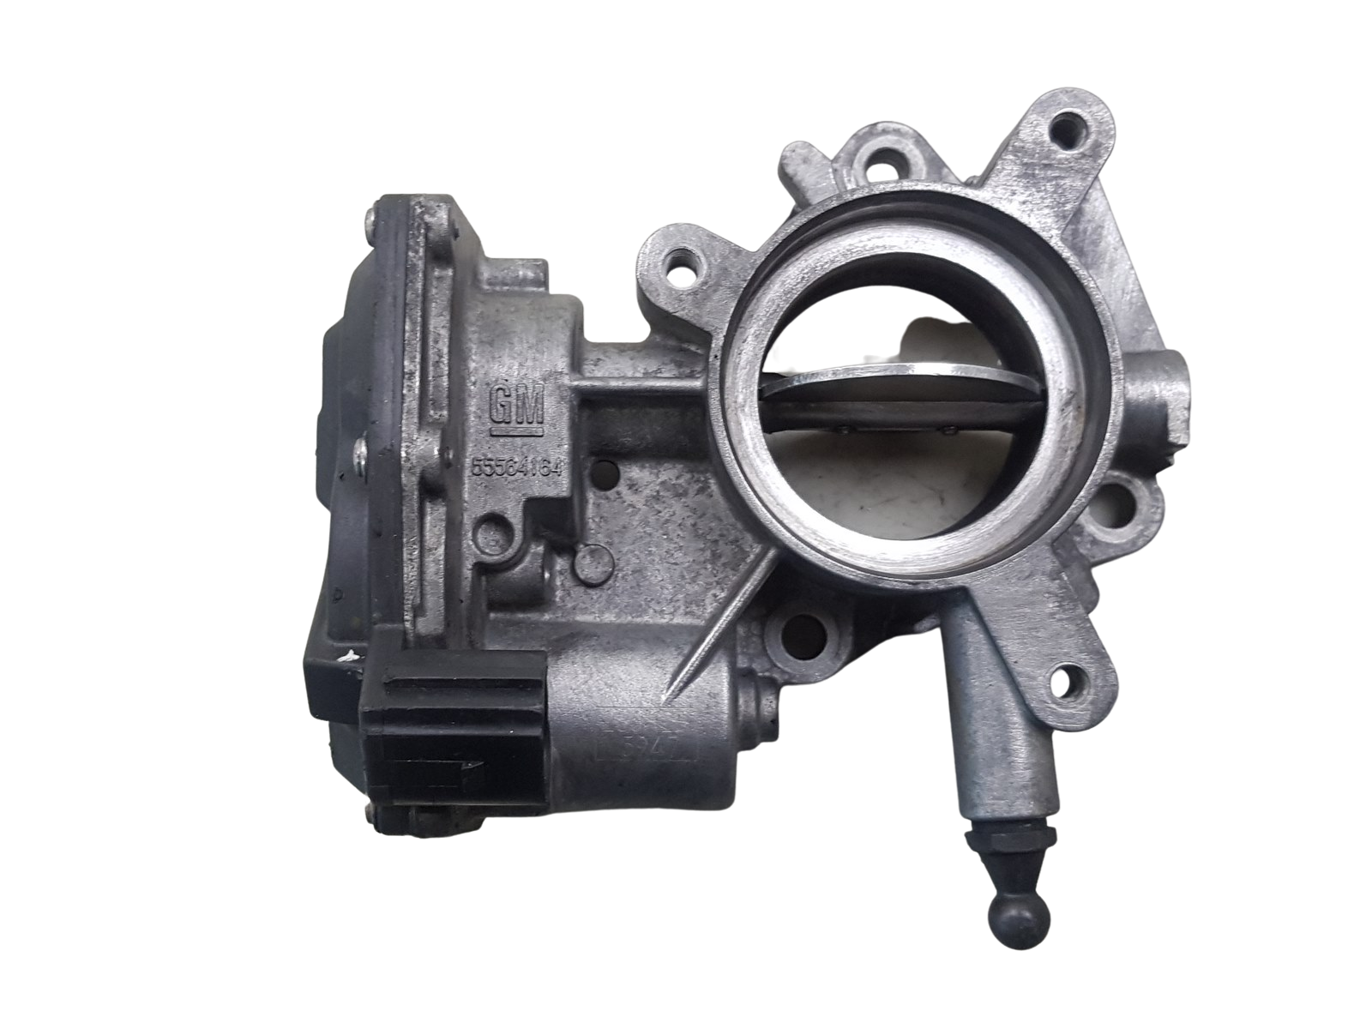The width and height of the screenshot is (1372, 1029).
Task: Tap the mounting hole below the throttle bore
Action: tap(803, 635)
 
